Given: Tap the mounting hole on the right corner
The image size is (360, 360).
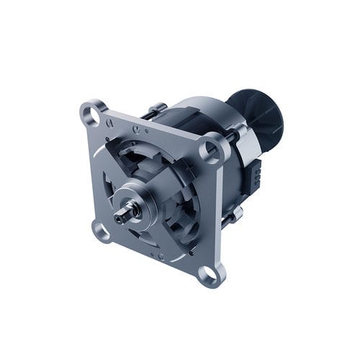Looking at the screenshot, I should pyautogui.click(x=212, y=150).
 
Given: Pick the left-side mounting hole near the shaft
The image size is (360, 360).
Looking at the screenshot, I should pyautogui.click(x=99, y=229).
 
